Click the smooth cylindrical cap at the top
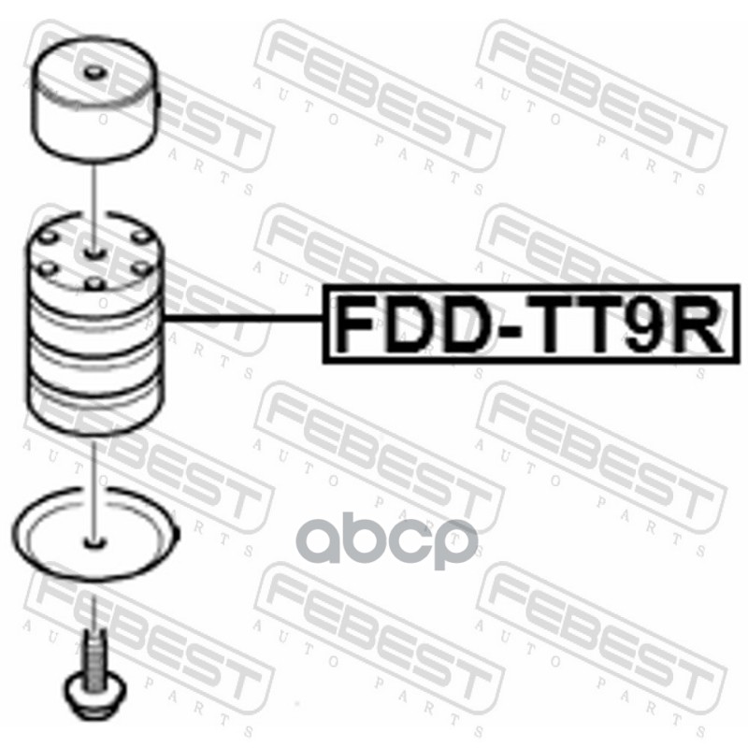coord(96,108)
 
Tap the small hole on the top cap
coord(93,73)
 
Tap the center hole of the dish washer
coord(93,540)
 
